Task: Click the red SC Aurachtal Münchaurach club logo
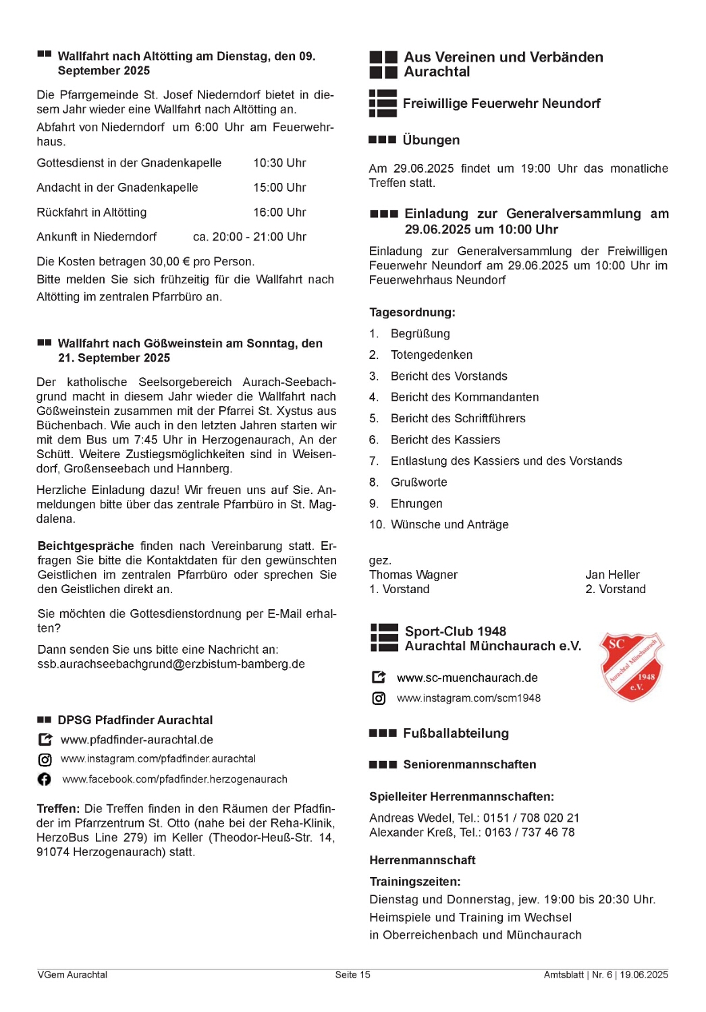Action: tap(632, 667)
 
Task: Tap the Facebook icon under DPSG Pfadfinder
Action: tap(45, 779)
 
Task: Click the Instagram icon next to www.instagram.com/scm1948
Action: tap(379, 698)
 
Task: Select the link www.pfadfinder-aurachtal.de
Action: tap(136, 740)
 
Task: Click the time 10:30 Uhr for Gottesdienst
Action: tap(279, 163)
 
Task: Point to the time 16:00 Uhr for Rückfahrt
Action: tap(279, 213)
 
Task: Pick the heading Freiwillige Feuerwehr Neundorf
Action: tap(501, 104)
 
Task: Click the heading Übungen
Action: tap(431, 140)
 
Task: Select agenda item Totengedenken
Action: tap(431, 355)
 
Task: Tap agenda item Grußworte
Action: tap(418, 482)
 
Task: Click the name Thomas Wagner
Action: tap(413, 575)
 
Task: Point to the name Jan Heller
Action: tap(612, 575)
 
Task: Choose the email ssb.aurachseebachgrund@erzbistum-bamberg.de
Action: tap(171, 665)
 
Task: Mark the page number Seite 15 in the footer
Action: tap(352, 975)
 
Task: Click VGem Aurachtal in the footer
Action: tap(72, 975)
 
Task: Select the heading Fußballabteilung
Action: tap(456, 734)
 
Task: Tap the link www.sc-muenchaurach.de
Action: tap(467, 678)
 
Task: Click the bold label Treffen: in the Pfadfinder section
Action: tap(58, 809)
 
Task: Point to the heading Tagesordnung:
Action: tap(412, 312)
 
